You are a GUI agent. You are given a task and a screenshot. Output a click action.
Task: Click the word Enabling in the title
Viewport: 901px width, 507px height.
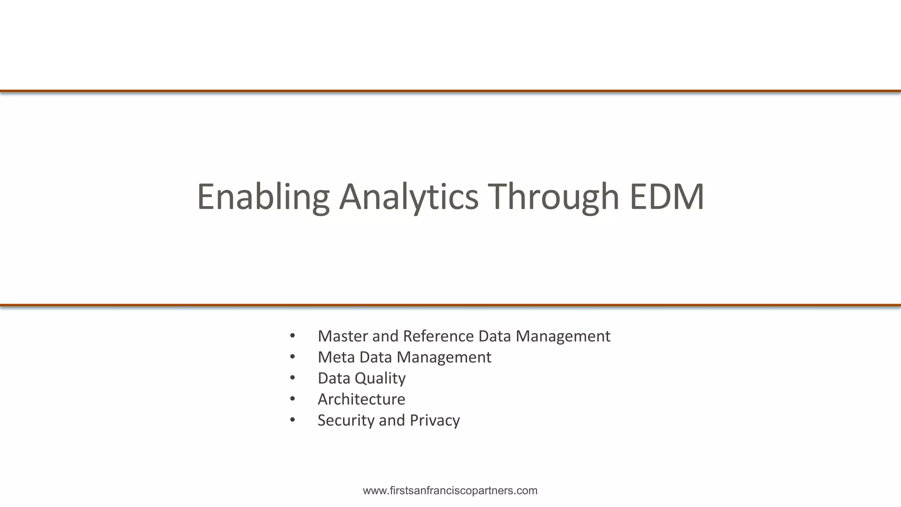coord(263,197)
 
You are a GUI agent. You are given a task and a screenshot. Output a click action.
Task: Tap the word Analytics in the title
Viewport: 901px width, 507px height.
coord(408,197)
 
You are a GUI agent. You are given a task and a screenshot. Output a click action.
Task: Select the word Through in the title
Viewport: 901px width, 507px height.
coord(553,197)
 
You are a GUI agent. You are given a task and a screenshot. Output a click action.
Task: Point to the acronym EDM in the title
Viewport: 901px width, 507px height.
coord(667,197)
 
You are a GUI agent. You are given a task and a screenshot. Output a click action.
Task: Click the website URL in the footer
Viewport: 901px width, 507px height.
coord(450,491)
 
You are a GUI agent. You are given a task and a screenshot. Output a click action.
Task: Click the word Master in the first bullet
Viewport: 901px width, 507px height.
coord(343,336)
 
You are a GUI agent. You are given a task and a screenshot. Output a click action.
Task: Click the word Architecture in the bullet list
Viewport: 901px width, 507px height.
coord(361,400)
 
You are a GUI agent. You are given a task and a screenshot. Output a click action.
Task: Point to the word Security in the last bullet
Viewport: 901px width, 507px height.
coord(346,420)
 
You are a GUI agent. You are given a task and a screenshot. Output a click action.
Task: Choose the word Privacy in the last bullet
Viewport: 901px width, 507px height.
coord(435,420)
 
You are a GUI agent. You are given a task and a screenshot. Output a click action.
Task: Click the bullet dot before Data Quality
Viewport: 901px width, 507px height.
coord(293,378)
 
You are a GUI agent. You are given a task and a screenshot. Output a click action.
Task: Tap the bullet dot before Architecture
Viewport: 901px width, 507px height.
coord(293,399)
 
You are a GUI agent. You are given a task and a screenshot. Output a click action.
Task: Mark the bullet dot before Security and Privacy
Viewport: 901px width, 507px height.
coord(293,420)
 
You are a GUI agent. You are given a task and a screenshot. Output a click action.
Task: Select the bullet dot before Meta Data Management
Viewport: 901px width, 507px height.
coord(293,356)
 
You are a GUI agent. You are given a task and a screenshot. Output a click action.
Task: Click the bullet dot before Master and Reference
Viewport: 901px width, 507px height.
coord(293,336)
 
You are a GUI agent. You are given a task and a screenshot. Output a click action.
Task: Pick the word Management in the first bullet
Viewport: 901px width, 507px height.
coord(563,336)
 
